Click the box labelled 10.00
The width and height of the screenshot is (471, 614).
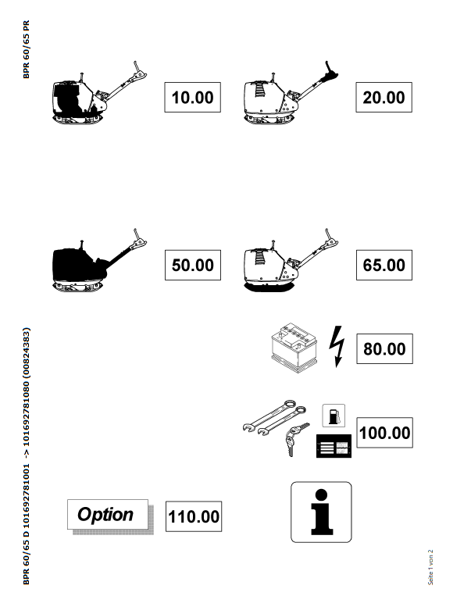(192, 97)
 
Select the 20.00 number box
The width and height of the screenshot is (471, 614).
(384, 97)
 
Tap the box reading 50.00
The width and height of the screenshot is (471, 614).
(193, 265)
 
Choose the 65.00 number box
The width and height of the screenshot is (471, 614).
(384, 265)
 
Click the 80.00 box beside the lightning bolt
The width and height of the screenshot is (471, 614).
(384, 349)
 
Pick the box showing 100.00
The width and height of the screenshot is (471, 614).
(384, 433)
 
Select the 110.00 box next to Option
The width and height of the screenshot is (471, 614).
(194, 516)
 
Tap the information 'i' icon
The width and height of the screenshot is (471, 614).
(321, 512)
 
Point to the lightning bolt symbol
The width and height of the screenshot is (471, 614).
(337, 346)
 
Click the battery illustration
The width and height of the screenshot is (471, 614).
(294, 348)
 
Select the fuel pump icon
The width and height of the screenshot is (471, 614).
(334, 416)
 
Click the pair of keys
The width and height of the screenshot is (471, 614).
(295, 437)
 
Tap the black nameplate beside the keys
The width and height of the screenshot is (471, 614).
(334, 446)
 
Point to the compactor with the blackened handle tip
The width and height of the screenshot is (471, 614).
(291, 93)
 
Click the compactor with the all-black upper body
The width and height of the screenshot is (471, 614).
(98, 260)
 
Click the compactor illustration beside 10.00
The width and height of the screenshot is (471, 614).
(98, 93)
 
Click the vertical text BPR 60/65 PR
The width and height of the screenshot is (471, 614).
(27, 49)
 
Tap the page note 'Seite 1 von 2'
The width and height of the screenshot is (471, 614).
(430, 567)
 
